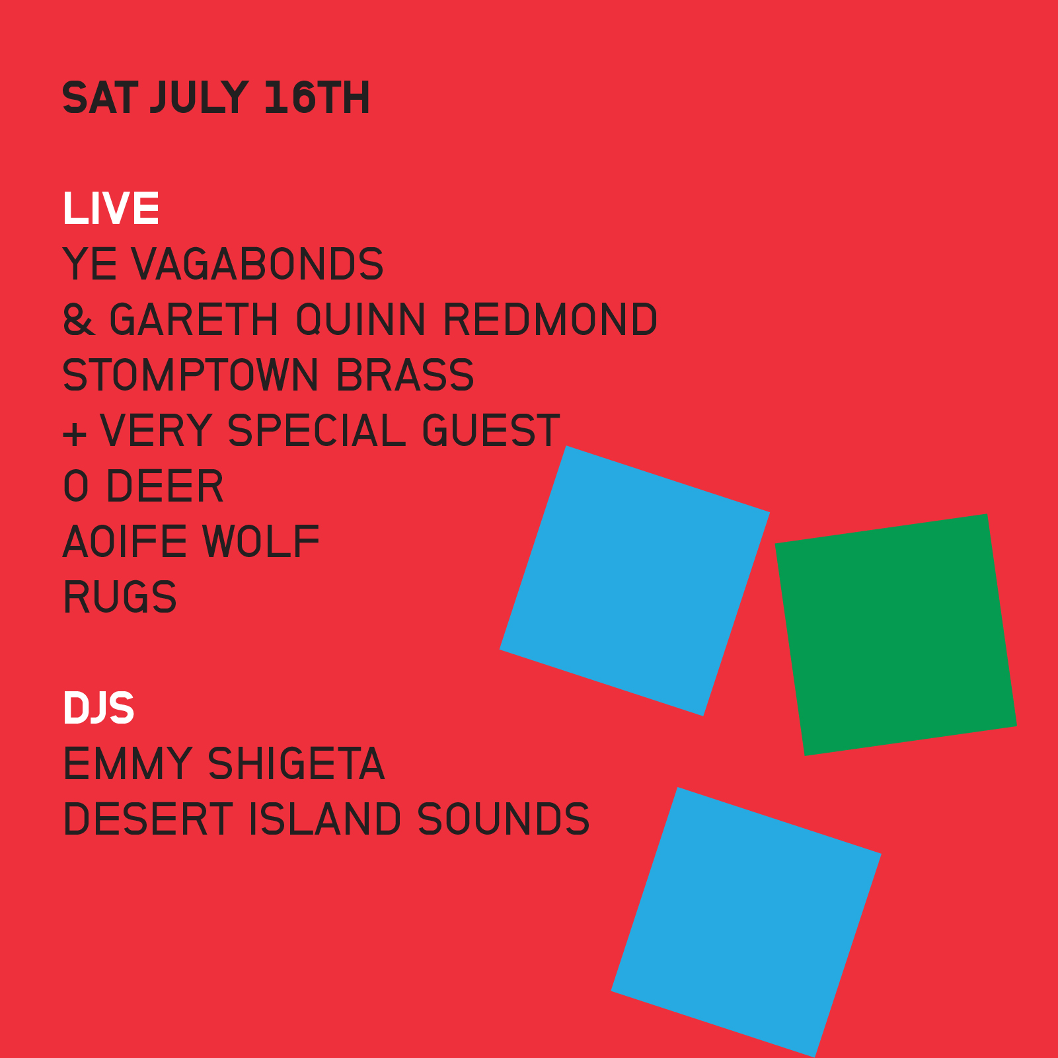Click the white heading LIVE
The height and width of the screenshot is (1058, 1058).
[111, 209]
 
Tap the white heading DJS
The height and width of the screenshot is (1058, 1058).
[98, 708]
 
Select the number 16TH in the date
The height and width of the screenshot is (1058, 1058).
[317, 98]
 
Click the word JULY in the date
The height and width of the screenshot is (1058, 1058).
[200, 98]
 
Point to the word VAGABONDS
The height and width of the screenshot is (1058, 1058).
[258, 264]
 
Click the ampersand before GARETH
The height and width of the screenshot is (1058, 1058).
[79, 320]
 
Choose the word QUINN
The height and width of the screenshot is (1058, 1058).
[361, 320]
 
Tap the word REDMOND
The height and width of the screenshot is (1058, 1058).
[550, 320]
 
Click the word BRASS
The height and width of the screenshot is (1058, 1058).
[405, 375]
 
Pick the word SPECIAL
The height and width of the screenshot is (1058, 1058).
[317, 431]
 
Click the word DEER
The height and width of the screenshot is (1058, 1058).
[165, 486]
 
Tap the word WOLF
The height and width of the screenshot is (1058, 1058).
[261, 542]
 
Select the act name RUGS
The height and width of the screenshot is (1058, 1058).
[120, 597]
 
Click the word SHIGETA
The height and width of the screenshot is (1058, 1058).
[296, 764]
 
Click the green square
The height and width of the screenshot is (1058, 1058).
[896, 634]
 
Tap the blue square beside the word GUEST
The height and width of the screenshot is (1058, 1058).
[634, 580]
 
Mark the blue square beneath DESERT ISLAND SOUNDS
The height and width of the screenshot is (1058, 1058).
[746, 922]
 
